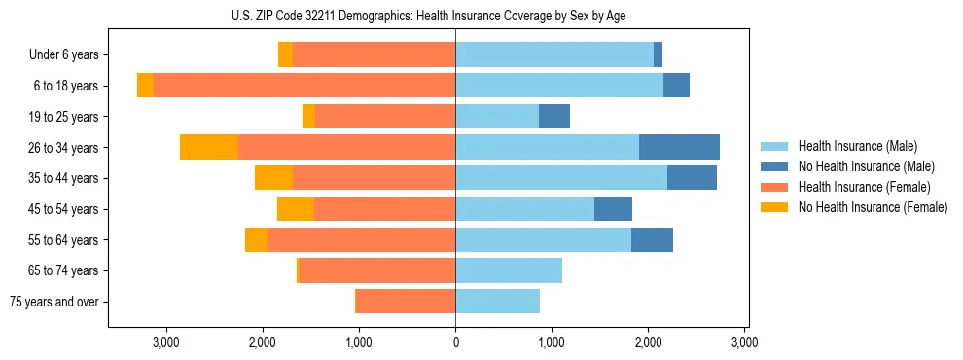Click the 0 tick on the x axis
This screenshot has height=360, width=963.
(455, 342)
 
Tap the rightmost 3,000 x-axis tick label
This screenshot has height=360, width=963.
(744, 342)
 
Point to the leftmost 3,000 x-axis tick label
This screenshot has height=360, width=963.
(166, 342)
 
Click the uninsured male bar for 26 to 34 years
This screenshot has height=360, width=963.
(679, 147)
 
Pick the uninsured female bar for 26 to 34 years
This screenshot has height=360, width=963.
(209, 147)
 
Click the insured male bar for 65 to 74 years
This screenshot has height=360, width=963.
(509, 270)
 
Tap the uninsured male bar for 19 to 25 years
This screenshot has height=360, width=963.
(554, 117)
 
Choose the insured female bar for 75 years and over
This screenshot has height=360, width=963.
(406, 302)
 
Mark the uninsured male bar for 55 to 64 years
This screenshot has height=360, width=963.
(652, 239)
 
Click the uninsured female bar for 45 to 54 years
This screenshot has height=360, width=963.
(296, 209)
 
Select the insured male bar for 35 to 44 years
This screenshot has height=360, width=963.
(561, 178)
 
